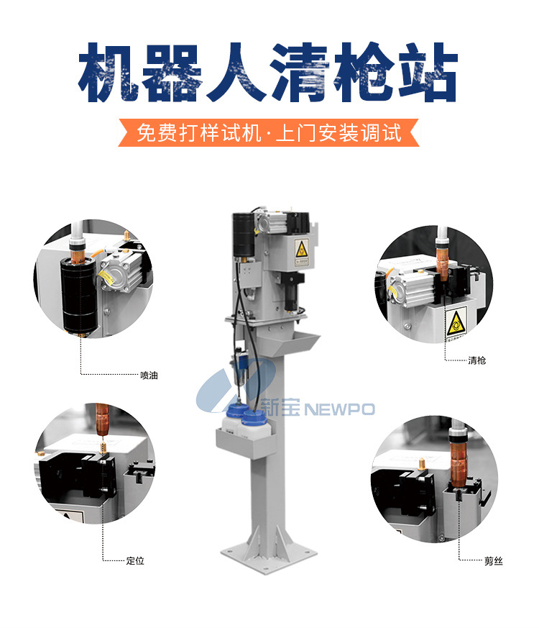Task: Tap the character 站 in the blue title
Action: (428, 72)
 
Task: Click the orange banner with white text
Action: (269, 132)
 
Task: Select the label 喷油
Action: (149, 376)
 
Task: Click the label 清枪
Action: (477, 360)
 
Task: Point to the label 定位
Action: (135, 560)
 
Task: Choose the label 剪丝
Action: (494, 561)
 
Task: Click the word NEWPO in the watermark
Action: (340, 409)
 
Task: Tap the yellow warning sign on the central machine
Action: (302, 249)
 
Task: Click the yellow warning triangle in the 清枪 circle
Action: (456, 323)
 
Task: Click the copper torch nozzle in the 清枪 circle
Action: (443, 263)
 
